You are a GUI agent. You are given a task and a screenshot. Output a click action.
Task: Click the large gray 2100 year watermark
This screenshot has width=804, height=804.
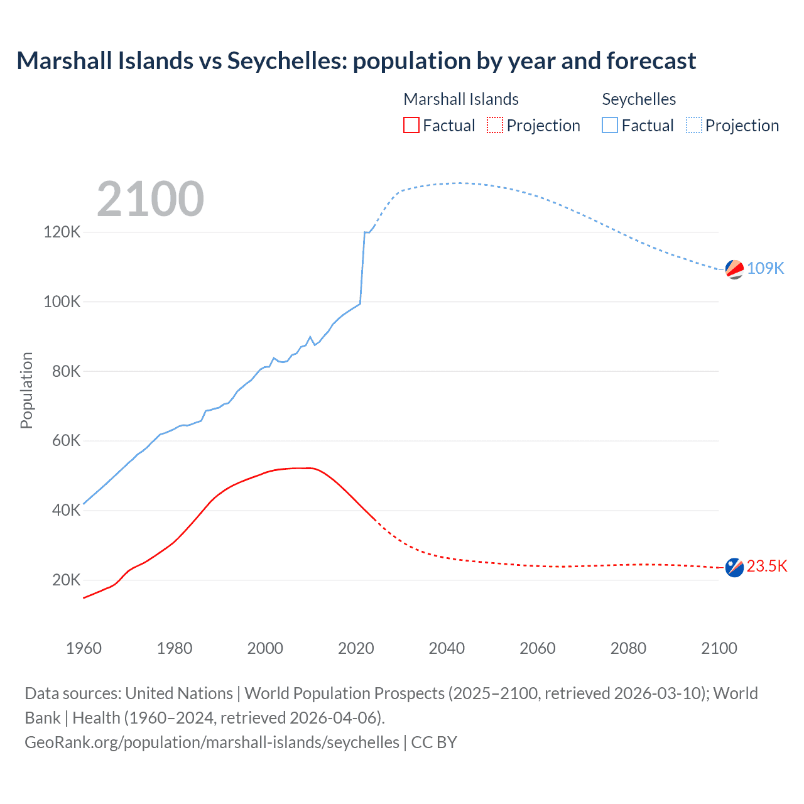pos(150,199)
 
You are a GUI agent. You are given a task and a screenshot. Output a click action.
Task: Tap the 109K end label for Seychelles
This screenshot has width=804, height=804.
pos(765,268)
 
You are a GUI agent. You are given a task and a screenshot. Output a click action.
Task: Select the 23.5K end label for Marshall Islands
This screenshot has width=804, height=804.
pos(766,566)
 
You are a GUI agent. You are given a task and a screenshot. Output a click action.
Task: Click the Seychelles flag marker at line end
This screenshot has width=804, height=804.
pos(734,269)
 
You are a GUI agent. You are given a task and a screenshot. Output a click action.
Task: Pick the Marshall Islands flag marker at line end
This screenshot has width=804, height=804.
pos(734,567)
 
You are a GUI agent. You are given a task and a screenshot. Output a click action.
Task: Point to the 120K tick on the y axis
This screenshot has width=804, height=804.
pos(62,232)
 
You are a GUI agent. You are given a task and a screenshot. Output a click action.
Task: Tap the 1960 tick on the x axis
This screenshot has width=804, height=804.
pos(84,648)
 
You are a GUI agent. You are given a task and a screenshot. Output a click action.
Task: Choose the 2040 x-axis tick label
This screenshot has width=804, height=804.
pos(447,648)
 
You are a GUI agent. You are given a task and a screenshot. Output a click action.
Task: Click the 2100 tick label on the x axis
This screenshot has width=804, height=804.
pos(719,648)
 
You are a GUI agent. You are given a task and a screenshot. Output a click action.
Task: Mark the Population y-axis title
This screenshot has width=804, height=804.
pos(26,390)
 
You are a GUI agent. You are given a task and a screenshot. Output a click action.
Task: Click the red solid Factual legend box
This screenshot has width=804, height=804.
pos(411,126)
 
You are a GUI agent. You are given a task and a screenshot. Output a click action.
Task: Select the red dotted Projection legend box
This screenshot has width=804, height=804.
pos(495,126)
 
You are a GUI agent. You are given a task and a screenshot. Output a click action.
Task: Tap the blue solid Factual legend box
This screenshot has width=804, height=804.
pos(609,126)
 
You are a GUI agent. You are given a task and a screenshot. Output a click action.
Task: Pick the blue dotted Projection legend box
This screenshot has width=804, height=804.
pos(693,126)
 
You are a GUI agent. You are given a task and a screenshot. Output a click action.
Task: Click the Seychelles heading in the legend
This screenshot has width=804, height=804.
pos(639,99)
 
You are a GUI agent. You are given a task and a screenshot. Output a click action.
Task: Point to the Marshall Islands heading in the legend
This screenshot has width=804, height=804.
pos(461,99)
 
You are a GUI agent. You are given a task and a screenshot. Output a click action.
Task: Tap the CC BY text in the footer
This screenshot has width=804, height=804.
pos(434,742)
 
